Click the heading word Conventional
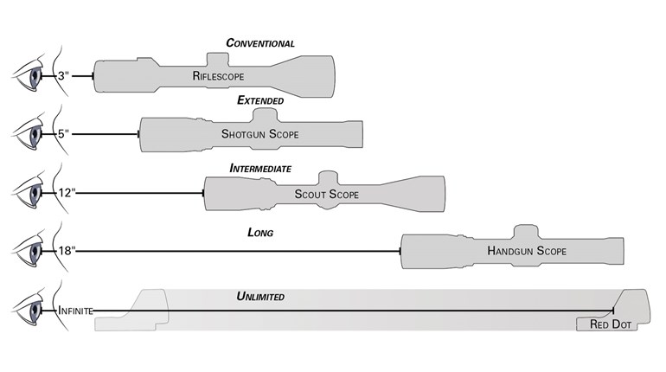click(x=260, y=43)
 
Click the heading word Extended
click(x=260, y=100)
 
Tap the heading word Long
click(x=260, y=233)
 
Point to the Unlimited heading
click(x=260, y=297)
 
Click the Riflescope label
click(x=220, y=76)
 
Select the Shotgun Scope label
click(x=259, y=134)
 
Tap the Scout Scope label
click(x=326, y=195)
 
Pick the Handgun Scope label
click(x=527, y=251)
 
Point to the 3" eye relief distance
click(x=63, y=77)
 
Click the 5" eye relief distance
click(x=63, y=135)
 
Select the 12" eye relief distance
click(x=66, y=193)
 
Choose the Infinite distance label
click(x=75, y=309)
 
